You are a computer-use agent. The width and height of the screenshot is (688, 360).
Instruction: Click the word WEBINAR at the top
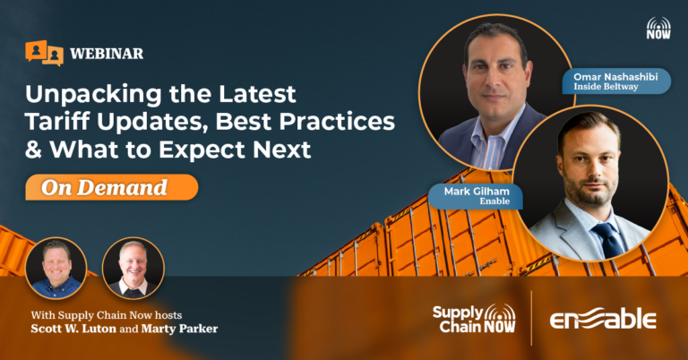coord(107,54)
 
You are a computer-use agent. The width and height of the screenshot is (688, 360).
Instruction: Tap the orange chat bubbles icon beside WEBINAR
coord(44,53)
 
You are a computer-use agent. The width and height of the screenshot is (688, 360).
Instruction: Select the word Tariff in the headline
coord(57,122)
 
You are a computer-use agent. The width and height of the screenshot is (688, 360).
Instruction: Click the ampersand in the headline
coord(33,149)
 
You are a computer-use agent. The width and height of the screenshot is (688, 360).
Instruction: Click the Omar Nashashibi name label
coord(616,81)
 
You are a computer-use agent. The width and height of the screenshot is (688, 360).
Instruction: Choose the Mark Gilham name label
coord(476,196)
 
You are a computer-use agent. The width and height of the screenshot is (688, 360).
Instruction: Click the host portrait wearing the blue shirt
coord(56,268)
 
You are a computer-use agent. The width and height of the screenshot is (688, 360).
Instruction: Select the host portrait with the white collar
coord(133,268)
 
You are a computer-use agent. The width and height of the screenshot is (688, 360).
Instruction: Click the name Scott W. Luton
coord(73,329)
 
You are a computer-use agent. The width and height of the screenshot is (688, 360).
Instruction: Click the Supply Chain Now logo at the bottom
coord(474,318)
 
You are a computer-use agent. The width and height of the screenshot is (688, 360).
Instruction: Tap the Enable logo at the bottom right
coord(603,318)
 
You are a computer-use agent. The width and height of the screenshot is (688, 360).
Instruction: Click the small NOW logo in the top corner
coord(658,28)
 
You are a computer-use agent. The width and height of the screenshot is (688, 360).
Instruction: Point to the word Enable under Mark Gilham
coord(494,201)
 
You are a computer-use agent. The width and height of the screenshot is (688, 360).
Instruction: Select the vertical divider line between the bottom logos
coord(532,318)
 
